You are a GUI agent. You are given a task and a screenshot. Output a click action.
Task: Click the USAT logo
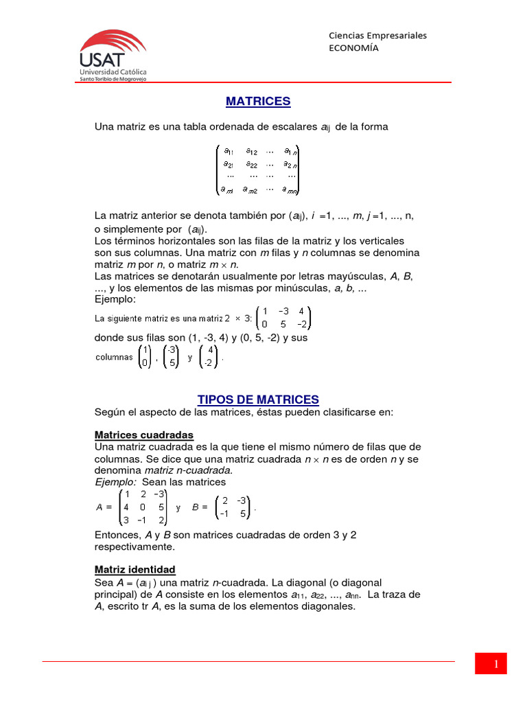click(x=113, y=55)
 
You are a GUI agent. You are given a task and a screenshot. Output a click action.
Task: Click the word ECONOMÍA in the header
click(x=353, y=47)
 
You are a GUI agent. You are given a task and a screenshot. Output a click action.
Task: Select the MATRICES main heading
click(x=258, y=102)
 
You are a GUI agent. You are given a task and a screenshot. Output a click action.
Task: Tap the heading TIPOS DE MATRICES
click(x=258, y=400)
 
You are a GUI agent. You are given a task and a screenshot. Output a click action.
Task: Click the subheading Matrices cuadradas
click(x=143, y=435)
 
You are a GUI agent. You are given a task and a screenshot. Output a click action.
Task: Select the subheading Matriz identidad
click(x=134, y=570)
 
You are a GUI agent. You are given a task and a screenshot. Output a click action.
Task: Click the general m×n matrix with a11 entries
click(x=258, y=170)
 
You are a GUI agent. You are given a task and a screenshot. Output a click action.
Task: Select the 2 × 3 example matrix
click(x=283, y=318)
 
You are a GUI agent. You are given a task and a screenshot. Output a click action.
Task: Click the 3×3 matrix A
click(x=143, y=508)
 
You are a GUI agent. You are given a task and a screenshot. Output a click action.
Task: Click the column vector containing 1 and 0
click(x=145, y=357)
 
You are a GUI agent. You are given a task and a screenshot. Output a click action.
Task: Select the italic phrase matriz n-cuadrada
click(x=189, y=470)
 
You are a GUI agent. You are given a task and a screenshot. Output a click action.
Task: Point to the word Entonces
click(x=117, y=535)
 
